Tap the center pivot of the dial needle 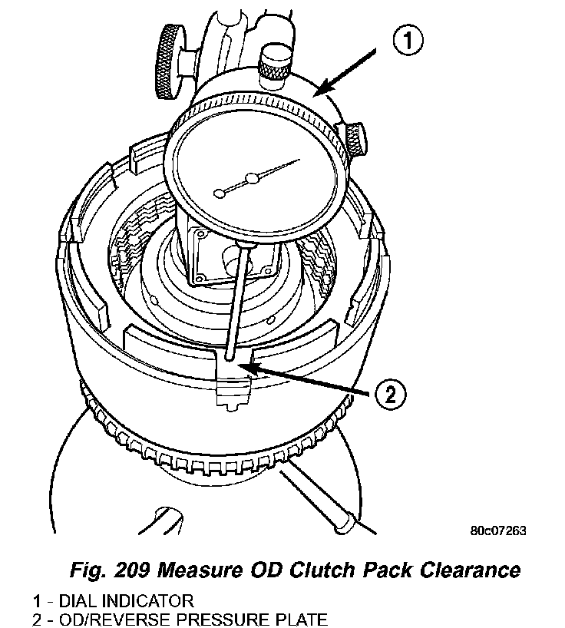(250, 181)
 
